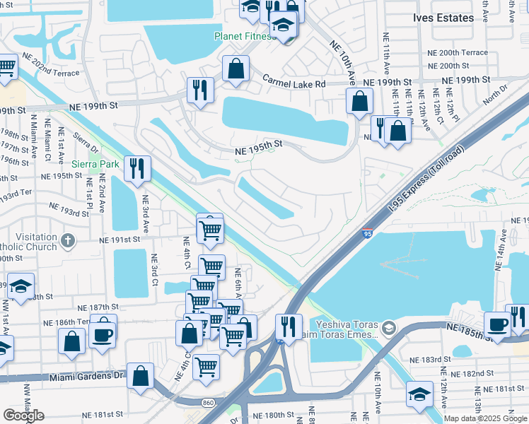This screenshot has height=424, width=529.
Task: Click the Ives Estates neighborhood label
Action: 443,18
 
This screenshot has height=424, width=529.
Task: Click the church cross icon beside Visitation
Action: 67,241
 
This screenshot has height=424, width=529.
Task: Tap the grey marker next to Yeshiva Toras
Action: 389,329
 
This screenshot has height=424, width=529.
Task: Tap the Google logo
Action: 23,416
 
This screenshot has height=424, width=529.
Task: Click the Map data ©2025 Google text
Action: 485,418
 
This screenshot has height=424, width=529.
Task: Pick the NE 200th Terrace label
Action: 458,53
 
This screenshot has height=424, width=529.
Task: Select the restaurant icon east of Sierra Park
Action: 136,168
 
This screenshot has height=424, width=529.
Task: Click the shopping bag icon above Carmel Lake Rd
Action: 236,69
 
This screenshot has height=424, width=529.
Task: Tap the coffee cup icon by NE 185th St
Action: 497,324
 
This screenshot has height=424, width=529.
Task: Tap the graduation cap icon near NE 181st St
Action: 419,394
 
